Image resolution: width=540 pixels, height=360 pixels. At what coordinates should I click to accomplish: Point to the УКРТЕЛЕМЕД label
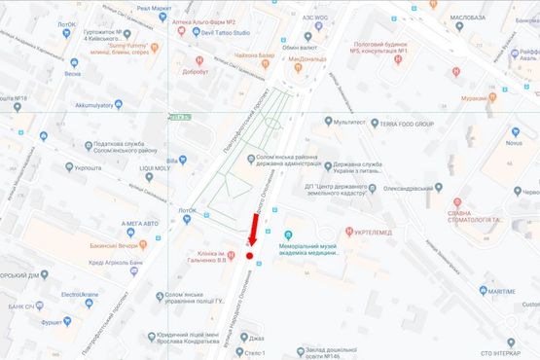point(401,234)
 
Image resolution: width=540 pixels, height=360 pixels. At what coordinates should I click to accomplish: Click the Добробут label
point(194,71)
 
